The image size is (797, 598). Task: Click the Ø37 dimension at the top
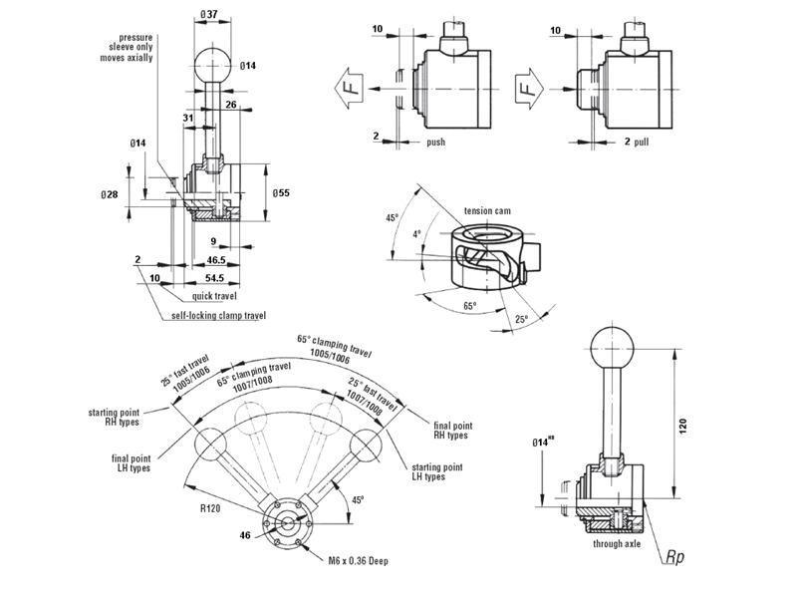[210, 12]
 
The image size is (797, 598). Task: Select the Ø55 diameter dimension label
[282, 191]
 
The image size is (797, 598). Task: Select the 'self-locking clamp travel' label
[218, 316]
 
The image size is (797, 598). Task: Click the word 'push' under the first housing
[435, 143]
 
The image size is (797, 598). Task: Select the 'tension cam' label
[487, 211]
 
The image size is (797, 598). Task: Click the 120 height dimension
[682, 425]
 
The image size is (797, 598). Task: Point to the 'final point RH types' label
[450, 430]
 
